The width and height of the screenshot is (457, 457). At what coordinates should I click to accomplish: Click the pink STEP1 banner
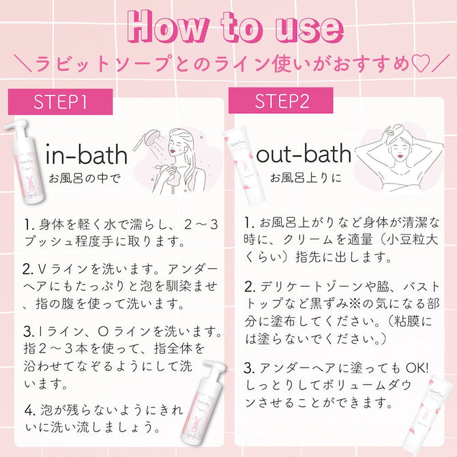(x=60, y=102)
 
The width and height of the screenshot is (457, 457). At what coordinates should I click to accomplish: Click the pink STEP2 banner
(x=280, y=100)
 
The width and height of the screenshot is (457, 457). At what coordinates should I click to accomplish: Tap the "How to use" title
(x=235, y=28)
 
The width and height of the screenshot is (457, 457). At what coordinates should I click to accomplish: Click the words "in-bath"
(x=87, y=155)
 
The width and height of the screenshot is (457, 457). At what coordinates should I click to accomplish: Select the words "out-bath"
(x=304, y=153)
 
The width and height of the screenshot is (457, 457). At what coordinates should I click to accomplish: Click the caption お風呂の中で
(x=85, y=179)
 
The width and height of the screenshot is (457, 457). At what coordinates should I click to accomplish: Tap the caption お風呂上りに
(x=306, y=177)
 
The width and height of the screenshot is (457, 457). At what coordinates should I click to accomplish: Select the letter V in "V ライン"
(x=42, y=269)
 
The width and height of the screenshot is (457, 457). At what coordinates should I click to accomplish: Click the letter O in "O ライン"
(x=103, y=332)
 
